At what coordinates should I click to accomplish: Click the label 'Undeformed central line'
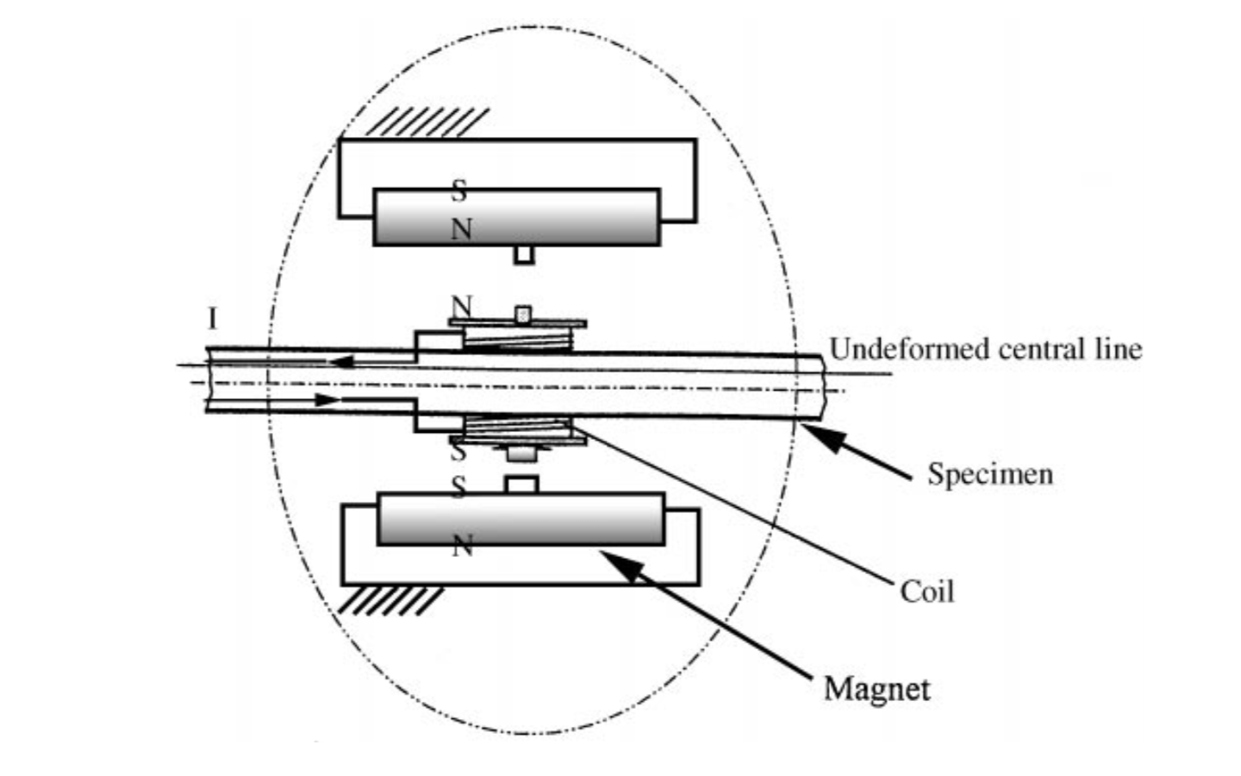click(985, 349)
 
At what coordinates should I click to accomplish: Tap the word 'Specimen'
click(990, 473)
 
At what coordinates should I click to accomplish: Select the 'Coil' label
click(927, 591)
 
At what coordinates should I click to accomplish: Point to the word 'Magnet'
click(877, 689)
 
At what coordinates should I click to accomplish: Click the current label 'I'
click(212, 319)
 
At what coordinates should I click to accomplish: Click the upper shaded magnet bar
click(517, 217)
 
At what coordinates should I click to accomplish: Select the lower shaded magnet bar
click(521, 519)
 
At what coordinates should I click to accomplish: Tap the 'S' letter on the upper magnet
click(459, 191)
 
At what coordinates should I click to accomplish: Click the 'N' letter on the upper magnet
click(462, 229)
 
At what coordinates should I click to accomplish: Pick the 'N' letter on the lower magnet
click(463, 546)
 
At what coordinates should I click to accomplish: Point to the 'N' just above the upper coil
click(462, 305)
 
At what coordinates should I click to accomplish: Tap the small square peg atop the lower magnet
click(521, 485)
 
